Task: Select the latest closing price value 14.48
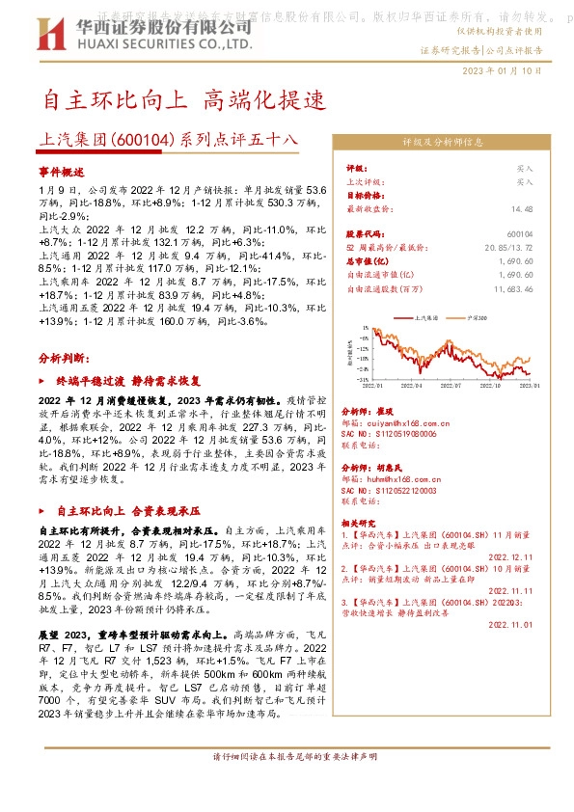point(523,207)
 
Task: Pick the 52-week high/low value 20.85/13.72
point(511,248)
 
